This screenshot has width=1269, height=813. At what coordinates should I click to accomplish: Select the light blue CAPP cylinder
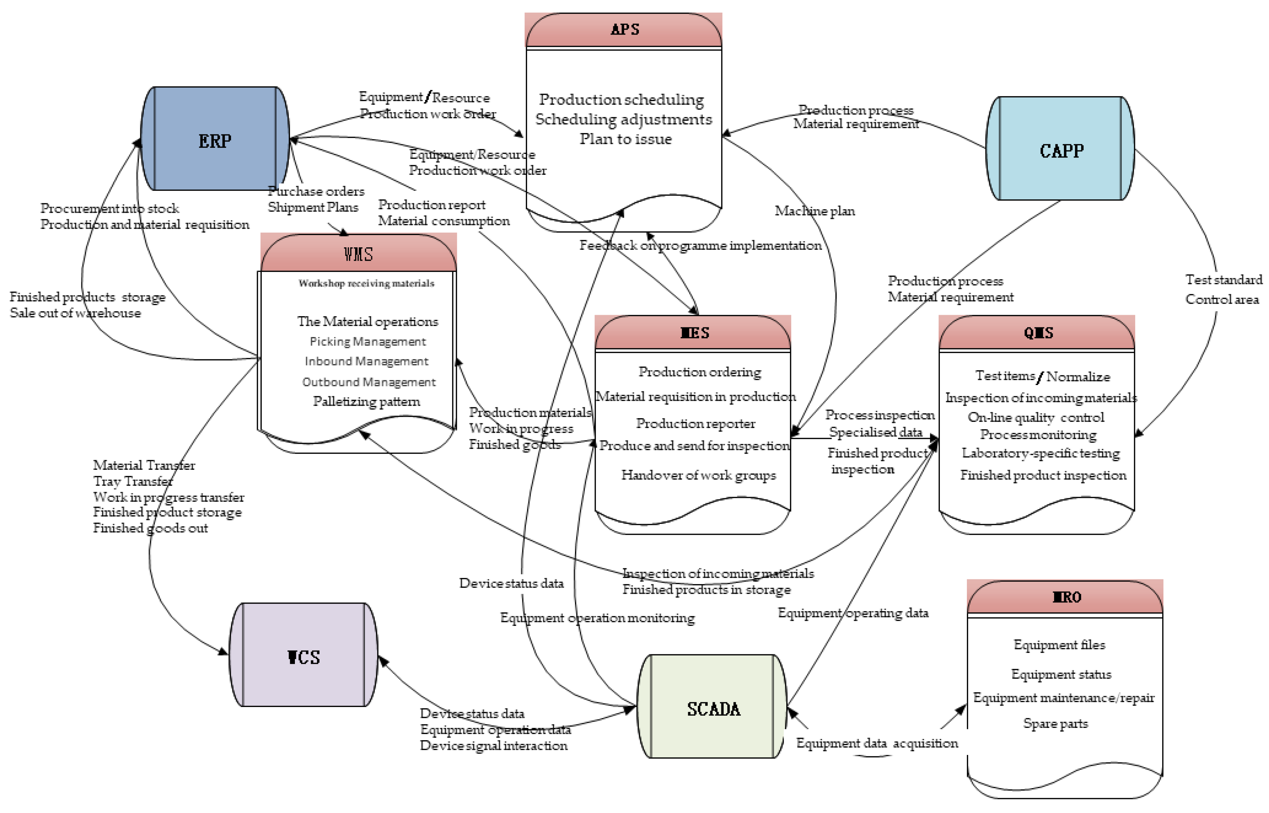click(x=1061, y=150)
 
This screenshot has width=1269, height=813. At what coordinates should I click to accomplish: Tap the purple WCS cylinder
click(x=304, y=656)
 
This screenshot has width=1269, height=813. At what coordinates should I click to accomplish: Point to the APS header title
click(x=624, y=30)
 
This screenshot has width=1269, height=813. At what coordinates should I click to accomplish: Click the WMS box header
click(x=358, y=255)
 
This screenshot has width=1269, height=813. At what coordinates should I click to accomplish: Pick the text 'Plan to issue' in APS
click(x=625, y=139)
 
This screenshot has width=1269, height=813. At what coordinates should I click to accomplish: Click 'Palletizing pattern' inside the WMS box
click(x=366, y=401)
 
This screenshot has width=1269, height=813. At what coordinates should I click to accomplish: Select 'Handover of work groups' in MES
click(x=698, y=475)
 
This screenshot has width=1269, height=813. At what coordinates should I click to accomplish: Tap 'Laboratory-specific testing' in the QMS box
click(x=1040, y=453)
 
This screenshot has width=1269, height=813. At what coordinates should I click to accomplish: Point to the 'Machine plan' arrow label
click(x=814, y=211)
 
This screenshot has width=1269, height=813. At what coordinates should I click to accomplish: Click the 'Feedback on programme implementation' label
click(x=700, y=246)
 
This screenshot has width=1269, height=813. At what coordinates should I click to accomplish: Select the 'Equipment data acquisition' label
click(x=876, y=743)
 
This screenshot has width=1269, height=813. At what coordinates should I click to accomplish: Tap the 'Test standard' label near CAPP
click(x=1224, y=280)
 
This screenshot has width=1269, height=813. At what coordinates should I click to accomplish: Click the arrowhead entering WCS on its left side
click(x=224, y=653)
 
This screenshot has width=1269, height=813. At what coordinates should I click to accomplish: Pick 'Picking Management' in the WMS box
click(x=367, y=341)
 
